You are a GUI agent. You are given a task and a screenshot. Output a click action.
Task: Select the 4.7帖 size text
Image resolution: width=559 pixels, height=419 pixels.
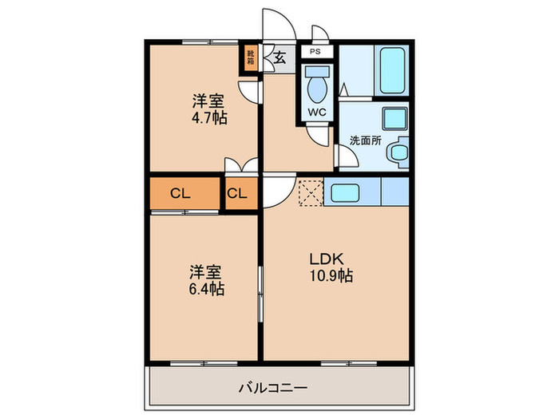point(208,118)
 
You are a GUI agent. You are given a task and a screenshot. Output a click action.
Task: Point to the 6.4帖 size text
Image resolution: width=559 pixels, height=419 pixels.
point(207,288)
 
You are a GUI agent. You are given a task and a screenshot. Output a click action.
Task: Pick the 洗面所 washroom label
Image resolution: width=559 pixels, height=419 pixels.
point(365,140)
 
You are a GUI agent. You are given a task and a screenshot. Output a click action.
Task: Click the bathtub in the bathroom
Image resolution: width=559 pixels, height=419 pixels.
point(392,72)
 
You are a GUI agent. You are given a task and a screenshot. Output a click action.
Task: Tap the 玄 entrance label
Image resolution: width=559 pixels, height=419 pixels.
point(280,57)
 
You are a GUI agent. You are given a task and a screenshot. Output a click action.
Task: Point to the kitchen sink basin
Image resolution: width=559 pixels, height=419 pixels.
point(347,192)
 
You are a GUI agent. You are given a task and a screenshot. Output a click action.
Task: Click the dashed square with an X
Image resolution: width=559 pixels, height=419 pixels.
point(310,192)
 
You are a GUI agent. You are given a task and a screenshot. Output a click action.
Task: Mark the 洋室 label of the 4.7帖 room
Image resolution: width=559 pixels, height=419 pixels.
point(208,101)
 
